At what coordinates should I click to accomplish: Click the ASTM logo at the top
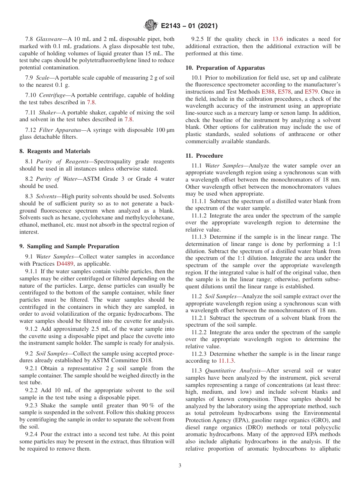point(150,26)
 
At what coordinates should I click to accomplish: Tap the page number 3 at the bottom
point(180,465)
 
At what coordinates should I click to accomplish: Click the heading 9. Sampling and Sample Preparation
point(69,246)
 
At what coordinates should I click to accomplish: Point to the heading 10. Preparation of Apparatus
point(225,68)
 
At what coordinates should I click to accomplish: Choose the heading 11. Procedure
point(204,156)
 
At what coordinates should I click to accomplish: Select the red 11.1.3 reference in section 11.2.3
point(227,361)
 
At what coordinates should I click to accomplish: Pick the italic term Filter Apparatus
point(63,130)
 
